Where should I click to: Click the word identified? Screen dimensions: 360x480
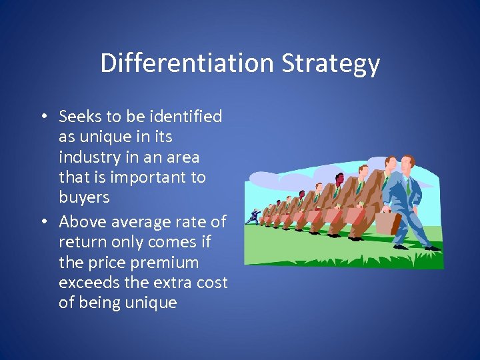185,117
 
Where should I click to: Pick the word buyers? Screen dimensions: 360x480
84,198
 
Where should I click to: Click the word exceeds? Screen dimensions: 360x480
85,282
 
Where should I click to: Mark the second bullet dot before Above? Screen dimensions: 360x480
43,221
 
